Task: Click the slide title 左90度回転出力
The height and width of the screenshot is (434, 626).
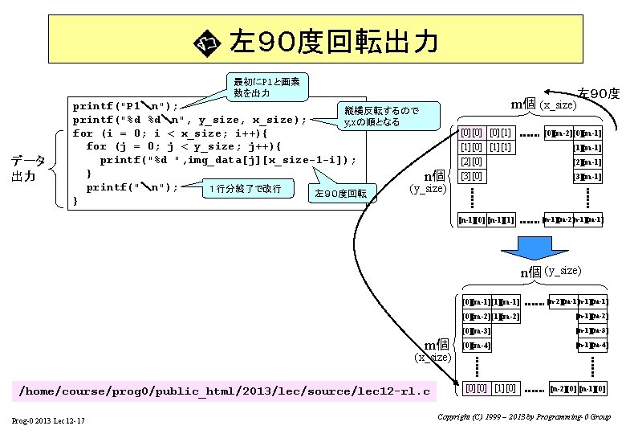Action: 333,41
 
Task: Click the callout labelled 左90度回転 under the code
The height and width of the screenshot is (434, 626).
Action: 340,193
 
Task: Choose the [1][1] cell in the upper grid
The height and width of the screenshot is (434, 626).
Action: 500,147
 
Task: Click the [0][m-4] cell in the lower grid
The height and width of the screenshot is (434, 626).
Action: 477,346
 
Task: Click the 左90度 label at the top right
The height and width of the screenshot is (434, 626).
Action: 599,94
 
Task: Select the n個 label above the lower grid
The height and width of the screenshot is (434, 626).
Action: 531,272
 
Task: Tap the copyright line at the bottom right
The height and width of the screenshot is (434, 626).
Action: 525,417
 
